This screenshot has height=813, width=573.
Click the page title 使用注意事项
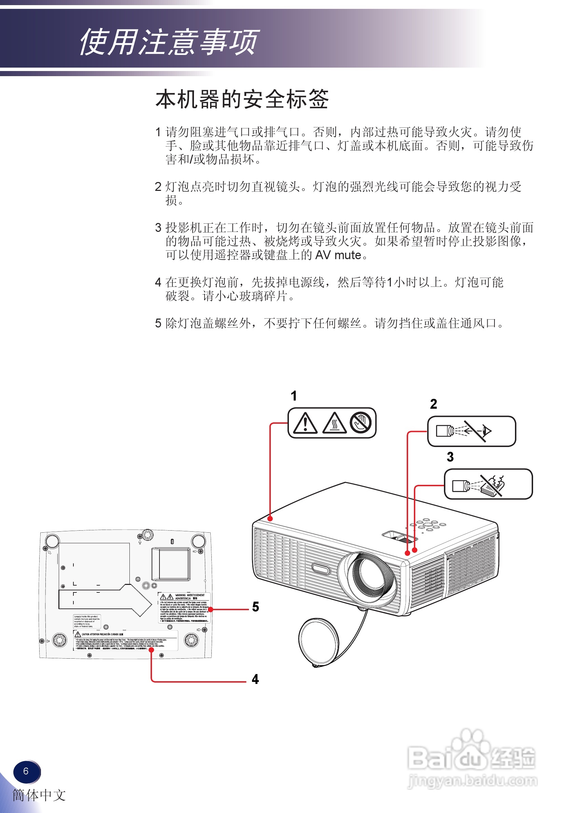click(169, 42)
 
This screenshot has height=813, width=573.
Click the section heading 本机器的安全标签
click(242, 99)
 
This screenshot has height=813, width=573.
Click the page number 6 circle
click(26, 771)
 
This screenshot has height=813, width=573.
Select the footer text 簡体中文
click(39, 795)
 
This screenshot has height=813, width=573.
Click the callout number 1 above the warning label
click(294, 395)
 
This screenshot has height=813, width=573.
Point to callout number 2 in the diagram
click(433, 404)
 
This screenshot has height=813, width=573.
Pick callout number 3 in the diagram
click(450, 457)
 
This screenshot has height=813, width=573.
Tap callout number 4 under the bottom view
click(255, 679)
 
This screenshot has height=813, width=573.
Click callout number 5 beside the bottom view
click(255, 606)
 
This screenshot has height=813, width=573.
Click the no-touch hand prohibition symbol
click(361, 422)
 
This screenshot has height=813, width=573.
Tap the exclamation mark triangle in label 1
click(305, 423)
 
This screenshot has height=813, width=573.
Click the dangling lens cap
click(318, 641)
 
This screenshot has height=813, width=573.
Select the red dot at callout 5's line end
click(211, 609)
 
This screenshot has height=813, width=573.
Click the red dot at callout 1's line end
click(270, 519)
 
